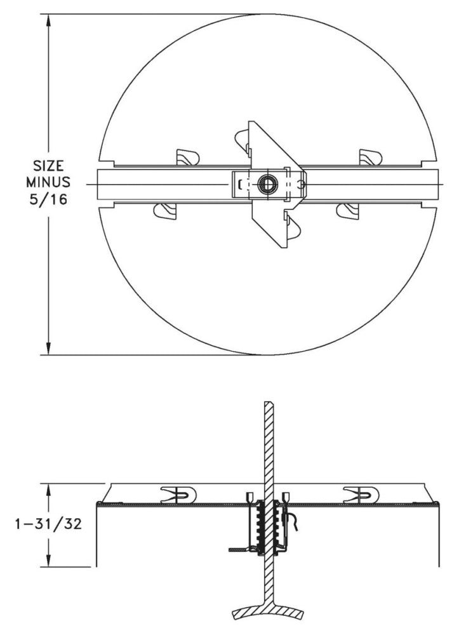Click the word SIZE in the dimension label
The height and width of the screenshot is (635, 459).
point(49,167)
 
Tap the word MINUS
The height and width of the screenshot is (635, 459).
point(49,183)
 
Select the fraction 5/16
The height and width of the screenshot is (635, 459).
point(49,199)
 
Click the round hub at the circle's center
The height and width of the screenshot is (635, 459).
point(265,184)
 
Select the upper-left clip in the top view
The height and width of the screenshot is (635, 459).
point(187,157)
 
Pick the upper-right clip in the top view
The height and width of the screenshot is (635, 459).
point(370,157)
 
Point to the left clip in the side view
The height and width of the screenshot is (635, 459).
point(178,494)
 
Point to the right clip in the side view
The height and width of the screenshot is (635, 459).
point(360,494)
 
